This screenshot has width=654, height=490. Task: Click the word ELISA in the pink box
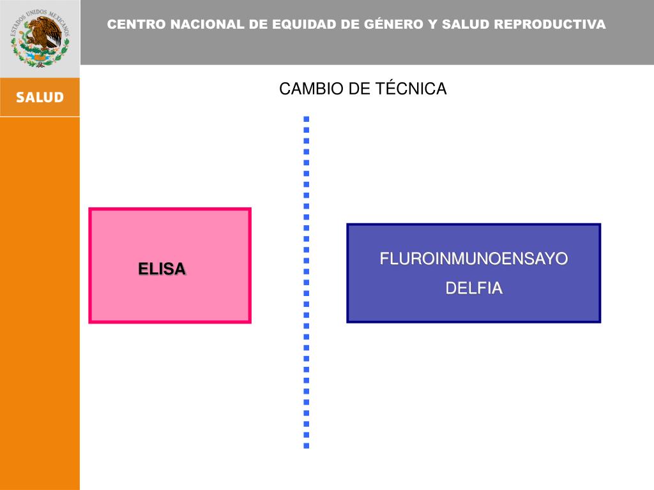point(162,269)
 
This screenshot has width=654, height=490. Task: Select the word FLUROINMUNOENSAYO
point(474,259)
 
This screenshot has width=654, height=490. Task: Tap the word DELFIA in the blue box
point(474,288)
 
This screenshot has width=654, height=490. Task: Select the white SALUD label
point(40,98)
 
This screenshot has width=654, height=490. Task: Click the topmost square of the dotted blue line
point(307,119)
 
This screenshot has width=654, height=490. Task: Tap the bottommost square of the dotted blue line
point(307,445)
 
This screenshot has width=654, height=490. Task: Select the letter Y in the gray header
point(432,25)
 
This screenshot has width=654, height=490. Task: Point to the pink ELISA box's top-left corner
point(90,209)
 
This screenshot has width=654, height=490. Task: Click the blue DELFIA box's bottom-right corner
point(600,321)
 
